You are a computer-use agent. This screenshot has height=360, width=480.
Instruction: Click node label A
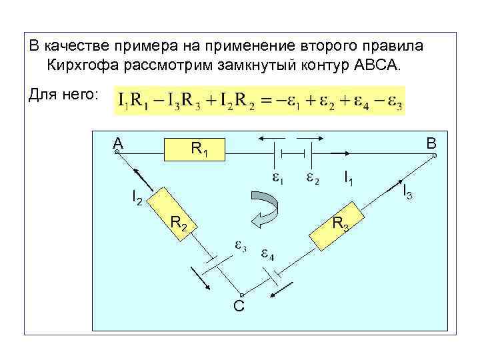(118, 143)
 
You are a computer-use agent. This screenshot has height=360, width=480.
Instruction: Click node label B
(431, 143)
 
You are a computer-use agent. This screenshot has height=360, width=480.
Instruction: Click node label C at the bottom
(239, 305)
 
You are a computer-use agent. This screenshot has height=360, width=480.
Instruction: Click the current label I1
(349, 178)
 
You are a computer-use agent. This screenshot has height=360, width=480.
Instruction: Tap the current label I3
(408, 191)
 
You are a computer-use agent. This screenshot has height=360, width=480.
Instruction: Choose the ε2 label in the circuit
(312, 179)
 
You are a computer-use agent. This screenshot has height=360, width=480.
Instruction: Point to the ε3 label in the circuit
(240, 247)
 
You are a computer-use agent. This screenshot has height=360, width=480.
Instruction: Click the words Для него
(64, 95)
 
